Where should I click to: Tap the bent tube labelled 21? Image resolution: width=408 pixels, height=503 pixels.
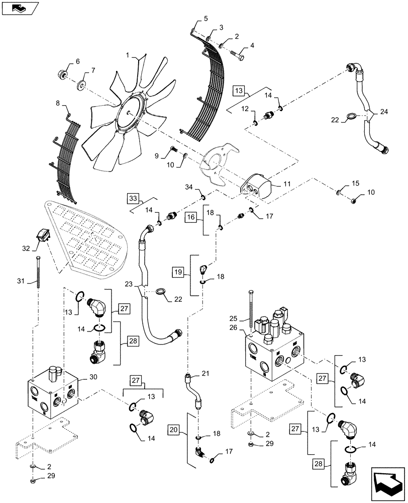tap(193, 390)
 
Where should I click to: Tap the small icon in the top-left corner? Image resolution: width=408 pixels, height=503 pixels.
tap(19, 7)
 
